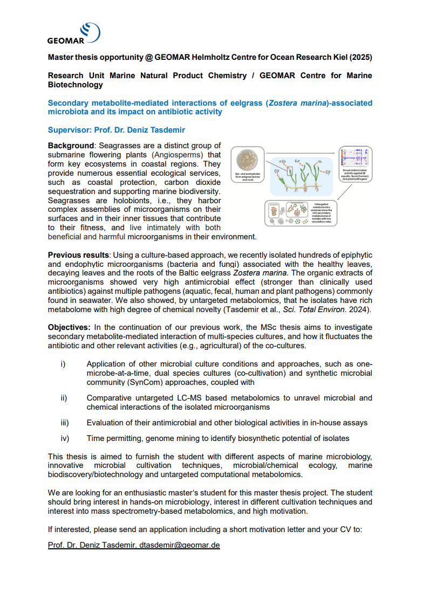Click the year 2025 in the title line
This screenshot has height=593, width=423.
[359, 57]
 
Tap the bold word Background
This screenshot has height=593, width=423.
[71, 146]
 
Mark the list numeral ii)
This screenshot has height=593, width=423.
[63, 398]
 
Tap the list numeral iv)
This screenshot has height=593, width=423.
[64, 438]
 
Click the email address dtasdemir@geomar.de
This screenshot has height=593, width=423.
[180, 545]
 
